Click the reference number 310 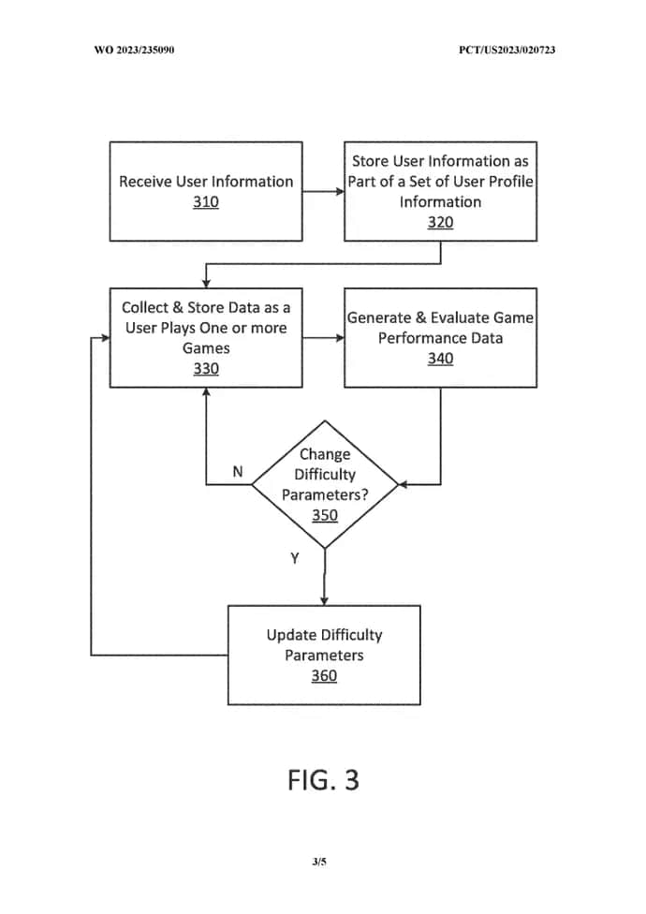pyautogui.click(x=206, y=202)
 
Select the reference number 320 pyautogui.click(x=440, y=222)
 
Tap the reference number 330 pyautogui.click(x=206, y=369)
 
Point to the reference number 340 pyautogui.click(x=440, y=359)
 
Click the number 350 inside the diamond pyautogui.click(x=324, y=515)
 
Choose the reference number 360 pyautogui.click(x=324, y=675)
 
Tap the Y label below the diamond pyautogui.click(x=294, y=558)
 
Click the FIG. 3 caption pyautogui.click(x=323, y=780)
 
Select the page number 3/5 pyautogui.click(x=319, y=862)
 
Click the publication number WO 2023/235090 pyautogui.click(x=134, y=50)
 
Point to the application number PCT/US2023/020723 pyautogui.click(x=507, y=50)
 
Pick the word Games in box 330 pyautogui.click(x=206, y=348)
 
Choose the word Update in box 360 pyautogui.click(x=291, y=635)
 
